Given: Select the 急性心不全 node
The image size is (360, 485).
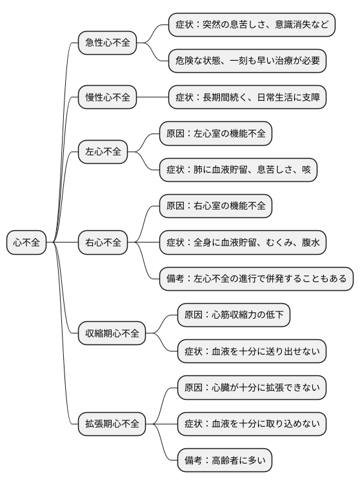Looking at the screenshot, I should pos(108,43).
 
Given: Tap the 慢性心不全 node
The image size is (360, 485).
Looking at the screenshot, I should pos(108,98).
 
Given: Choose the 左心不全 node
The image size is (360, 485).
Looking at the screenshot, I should pos(103,152).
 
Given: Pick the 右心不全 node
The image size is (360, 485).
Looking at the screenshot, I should pos(103,243).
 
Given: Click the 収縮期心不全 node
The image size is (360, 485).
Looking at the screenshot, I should pos(112,333).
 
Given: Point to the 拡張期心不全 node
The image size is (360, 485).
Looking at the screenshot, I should pos(112,424).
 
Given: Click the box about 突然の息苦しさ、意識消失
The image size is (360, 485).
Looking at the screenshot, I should pos(252,25).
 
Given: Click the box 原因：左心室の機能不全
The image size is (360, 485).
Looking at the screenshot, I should pos(215,134).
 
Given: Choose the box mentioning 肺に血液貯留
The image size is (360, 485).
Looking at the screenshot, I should pos(238,170).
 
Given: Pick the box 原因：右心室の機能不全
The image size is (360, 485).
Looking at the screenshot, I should pos(215,206).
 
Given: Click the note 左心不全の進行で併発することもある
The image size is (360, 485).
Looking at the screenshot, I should pos(256,279).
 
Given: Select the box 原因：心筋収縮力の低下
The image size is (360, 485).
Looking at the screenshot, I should pos(234,315).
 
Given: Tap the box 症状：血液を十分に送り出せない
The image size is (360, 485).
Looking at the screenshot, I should pos(252,351).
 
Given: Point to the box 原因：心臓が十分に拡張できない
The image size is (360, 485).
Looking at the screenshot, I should pos(252,388).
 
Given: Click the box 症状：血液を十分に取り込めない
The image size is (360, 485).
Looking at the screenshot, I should pos(252,424).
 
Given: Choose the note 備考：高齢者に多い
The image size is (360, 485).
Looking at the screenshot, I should pos(225,460).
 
